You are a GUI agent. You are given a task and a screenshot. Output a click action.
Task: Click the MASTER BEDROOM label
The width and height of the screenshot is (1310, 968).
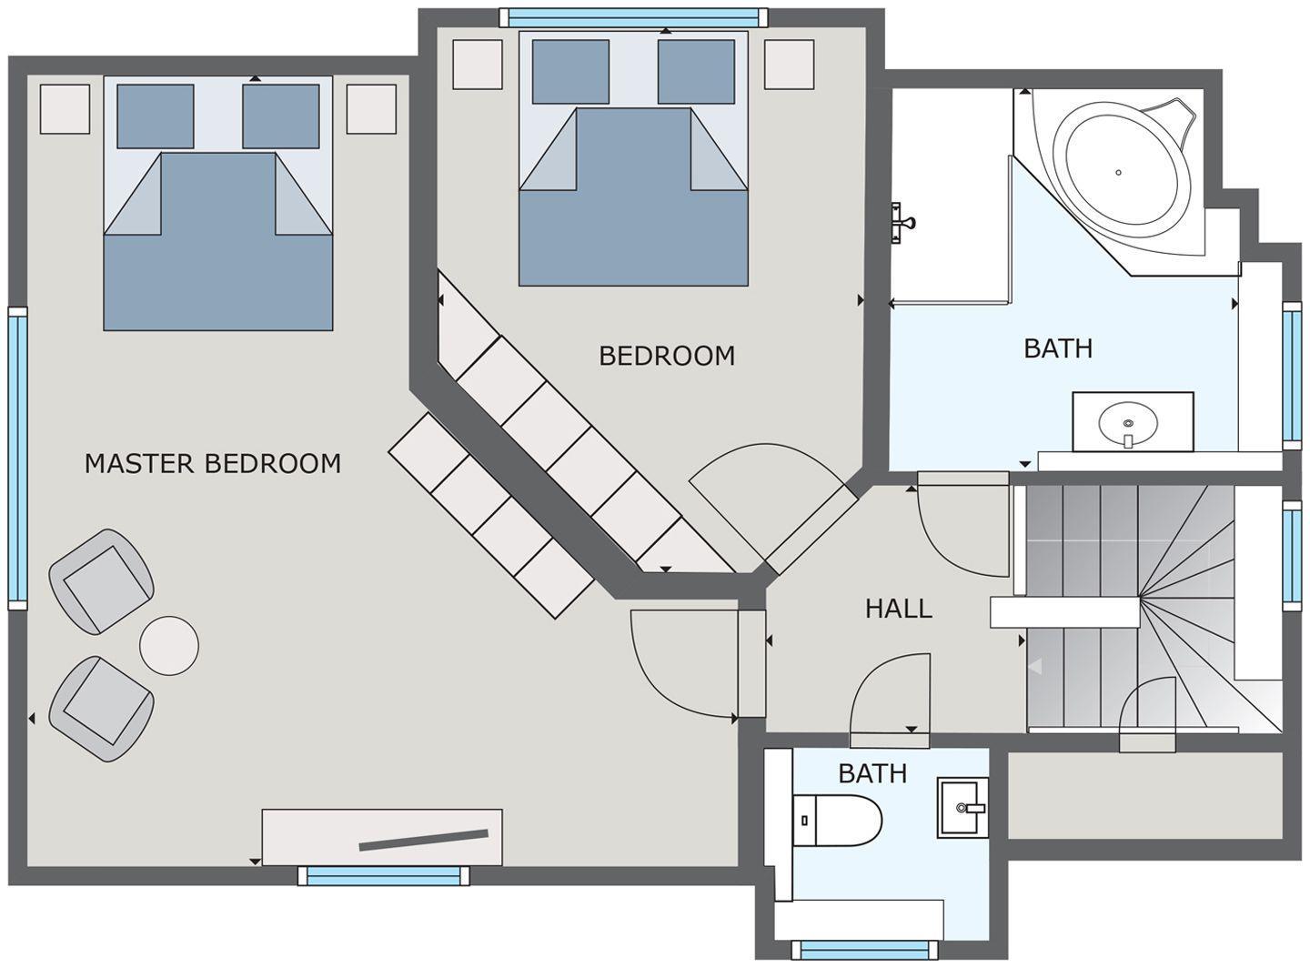coord(213,464)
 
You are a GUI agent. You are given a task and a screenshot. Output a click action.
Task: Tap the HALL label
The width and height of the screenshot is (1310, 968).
coord(898,609)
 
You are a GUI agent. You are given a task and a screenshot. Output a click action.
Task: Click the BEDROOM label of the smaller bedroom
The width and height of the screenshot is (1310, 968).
coord(667,356)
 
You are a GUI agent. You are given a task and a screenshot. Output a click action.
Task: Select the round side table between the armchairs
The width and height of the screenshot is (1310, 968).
coord(169,646)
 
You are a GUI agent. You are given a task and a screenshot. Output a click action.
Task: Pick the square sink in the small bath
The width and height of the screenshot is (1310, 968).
coord(962,807)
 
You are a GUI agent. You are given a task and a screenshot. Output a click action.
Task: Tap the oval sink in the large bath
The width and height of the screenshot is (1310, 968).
coord(1127,424)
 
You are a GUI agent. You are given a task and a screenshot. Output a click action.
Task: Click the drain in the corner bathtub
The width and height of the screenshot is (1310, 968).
coord(1118,173)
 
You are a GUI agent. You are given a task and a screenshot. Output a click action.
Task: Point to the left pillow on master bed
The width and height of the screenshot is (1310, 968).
coord(156,116)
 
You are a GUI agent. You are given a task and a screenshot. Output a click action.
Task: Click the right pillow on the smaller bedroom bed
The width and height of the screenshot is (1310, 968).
coord(696,72)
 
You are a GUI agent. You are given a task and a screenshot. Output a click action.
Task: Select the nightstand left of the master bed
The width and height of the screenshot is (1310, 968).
coord(65,108)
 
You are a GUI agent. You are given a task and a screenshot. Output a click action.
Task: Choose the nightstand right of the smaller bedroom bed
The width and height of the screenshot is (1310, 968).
coord(789,65)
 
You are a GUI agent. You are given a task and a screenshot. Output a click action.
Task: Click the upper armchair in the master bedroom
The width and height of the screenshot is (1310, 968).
coord(102,581)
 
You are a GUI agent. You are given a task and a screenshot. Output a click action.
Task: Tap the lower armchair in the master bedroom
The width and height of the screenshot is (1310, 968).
coord(102,709)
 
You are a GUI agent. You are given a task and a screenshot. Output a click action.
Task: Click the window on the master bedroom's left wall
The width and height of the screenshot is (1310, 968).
coord(17,459)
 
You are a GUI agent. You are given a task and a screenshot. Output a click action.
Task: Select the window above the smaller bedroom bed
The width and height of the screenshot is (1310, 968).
coord(633,17)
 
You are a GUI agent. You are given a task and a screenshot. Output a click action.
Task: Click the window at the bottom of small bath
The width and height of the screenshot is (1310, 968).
coord(864,951)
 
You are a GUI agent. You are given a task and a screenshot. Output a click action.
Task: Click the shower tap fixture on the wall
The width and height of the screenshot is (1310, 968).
coord(901,223)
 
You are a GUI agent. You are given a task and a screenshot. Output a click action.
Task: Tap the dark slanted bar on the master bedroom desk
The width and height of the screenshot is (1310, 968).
coord(424,840)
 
